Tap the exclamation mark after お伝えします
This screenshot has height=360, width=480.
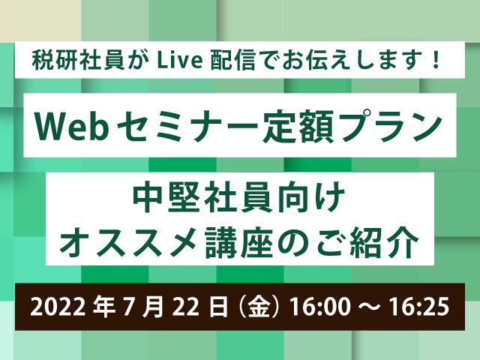click(436, 59)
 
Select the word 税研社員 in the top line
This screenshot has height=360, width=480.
click(77, 59)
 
